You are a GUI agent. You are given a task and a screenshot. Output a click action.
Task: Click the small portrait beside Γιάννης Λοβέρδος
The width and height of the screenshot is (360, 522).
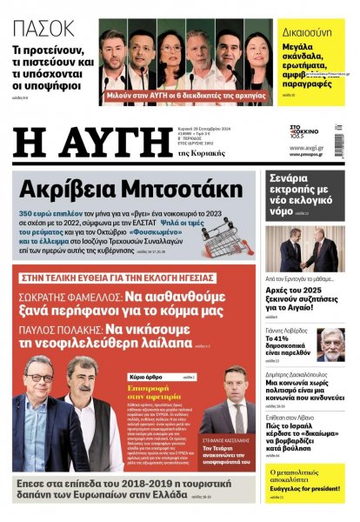(x=331, y=345)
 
